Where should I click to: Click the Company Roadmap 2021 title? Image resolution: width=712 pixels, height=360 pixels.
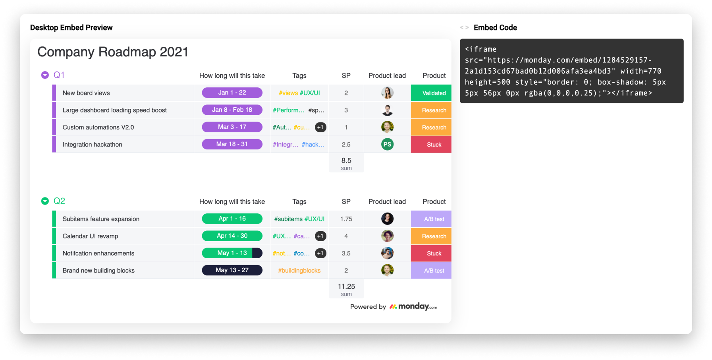113,52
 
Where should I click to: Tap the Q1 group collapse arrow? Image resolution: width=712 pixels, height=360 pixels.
45,75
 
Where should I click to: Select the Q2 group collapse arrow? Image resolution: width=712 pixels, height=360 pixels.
45,201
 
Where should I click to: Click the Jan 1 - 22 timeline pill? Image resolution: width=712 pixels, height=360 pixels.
232,93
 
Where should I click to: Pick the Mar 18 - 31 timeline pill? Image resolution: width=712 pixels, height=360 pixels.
232,144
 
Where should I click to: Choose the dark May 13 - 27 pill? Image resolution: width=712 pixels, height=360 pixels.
232,270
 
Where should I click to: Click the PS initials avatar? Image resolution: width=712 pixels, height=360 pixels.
387,144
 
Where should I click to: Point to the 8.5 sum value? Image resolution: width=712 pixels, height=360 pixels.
346,161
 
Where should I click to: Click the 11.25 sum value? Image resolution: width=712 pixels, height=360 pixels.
346,286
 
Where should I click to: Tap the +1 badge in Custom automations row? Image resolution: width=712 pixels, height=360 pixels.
320,127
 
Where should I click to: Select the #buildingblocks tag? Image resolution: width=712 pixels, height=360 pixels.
299,271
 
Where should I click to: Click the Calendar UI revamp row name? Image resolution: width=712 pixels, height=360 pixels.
90,236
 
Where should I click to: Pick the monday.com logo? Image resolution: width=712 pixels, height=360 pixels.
413,306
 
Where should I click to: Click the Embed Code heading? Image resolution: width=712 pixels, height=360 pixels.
495,27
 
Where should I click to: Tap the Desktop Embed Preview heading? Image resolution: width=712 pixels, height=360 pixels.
71,27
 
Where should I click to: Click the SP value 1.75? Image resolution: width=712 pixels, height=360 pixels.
346,219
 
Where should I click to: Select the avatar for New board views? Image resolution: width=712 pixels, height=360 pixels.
387,93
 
